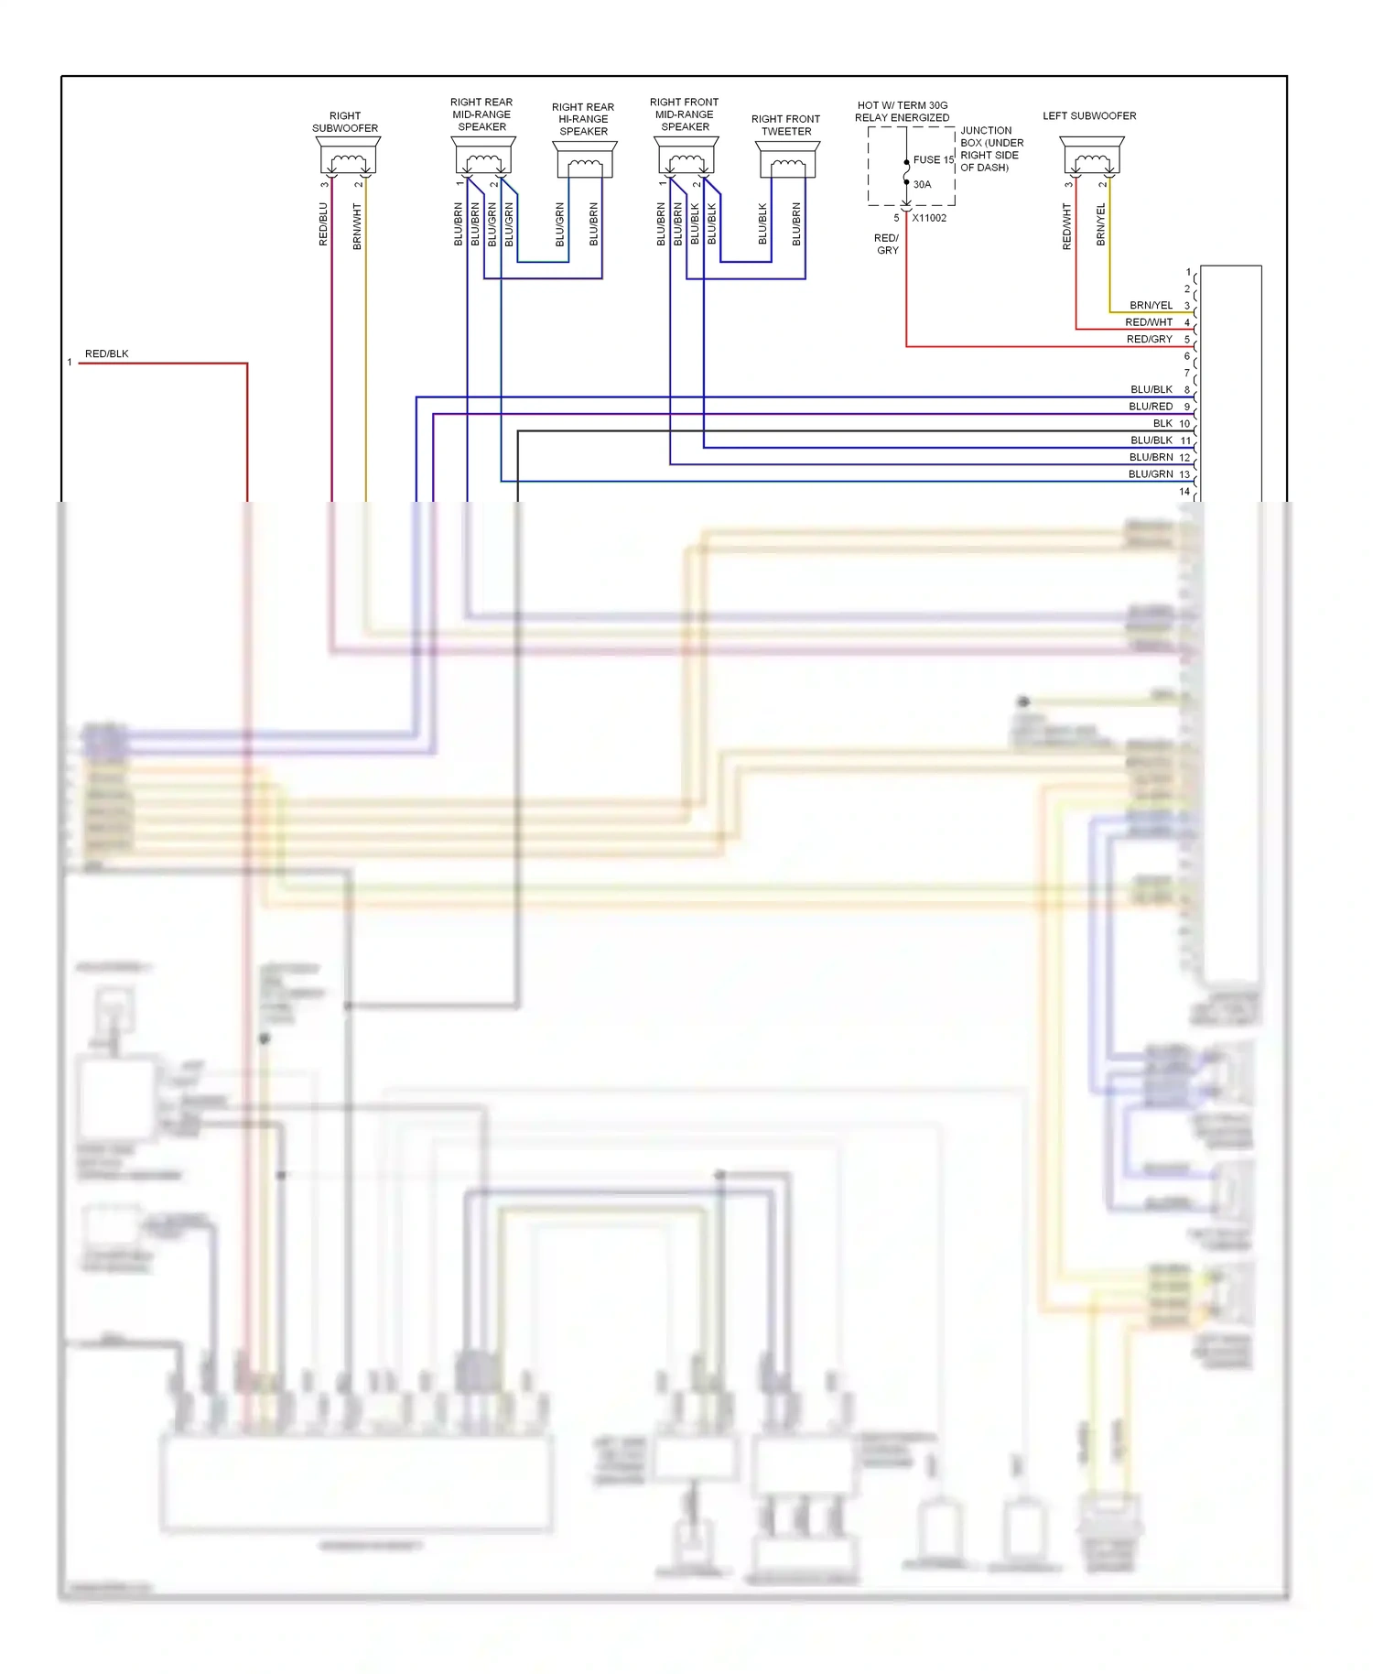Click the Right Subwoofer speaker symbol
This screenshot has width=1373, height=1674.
348,157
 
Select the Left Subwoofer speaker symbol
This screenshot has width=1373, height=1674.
1092,157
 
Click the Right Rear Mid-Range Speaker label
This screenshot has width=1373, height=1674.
481,114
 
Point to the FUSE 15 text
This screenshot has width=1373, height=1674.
933,159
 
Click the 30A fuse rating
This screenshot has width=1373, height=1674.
922,184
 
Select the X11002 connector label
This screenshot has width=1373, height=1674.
929,218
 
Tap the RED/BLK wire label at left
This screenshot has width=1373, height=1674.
106,353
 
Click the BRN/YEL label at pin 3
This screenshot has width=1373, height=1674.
1151,305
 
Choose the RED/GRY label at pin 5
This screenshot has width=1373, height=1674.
1149,339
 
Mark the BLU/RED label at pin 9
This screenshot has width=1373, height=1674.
1151,407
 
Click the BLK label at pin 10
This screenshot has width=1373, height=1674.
1162,423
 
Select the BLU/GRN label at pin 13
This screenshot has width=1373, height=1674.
1151,474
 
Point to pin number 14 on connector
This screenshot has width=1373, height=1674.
1184,492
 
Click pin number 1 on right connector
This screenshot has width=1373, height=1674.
1188,272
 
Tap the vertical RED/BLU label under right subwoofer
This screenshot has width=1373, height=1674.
323,224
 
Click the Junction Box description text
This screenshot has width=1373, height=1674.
991,149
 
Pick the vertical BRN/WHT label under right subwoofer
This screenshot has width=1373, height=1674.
357,226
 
